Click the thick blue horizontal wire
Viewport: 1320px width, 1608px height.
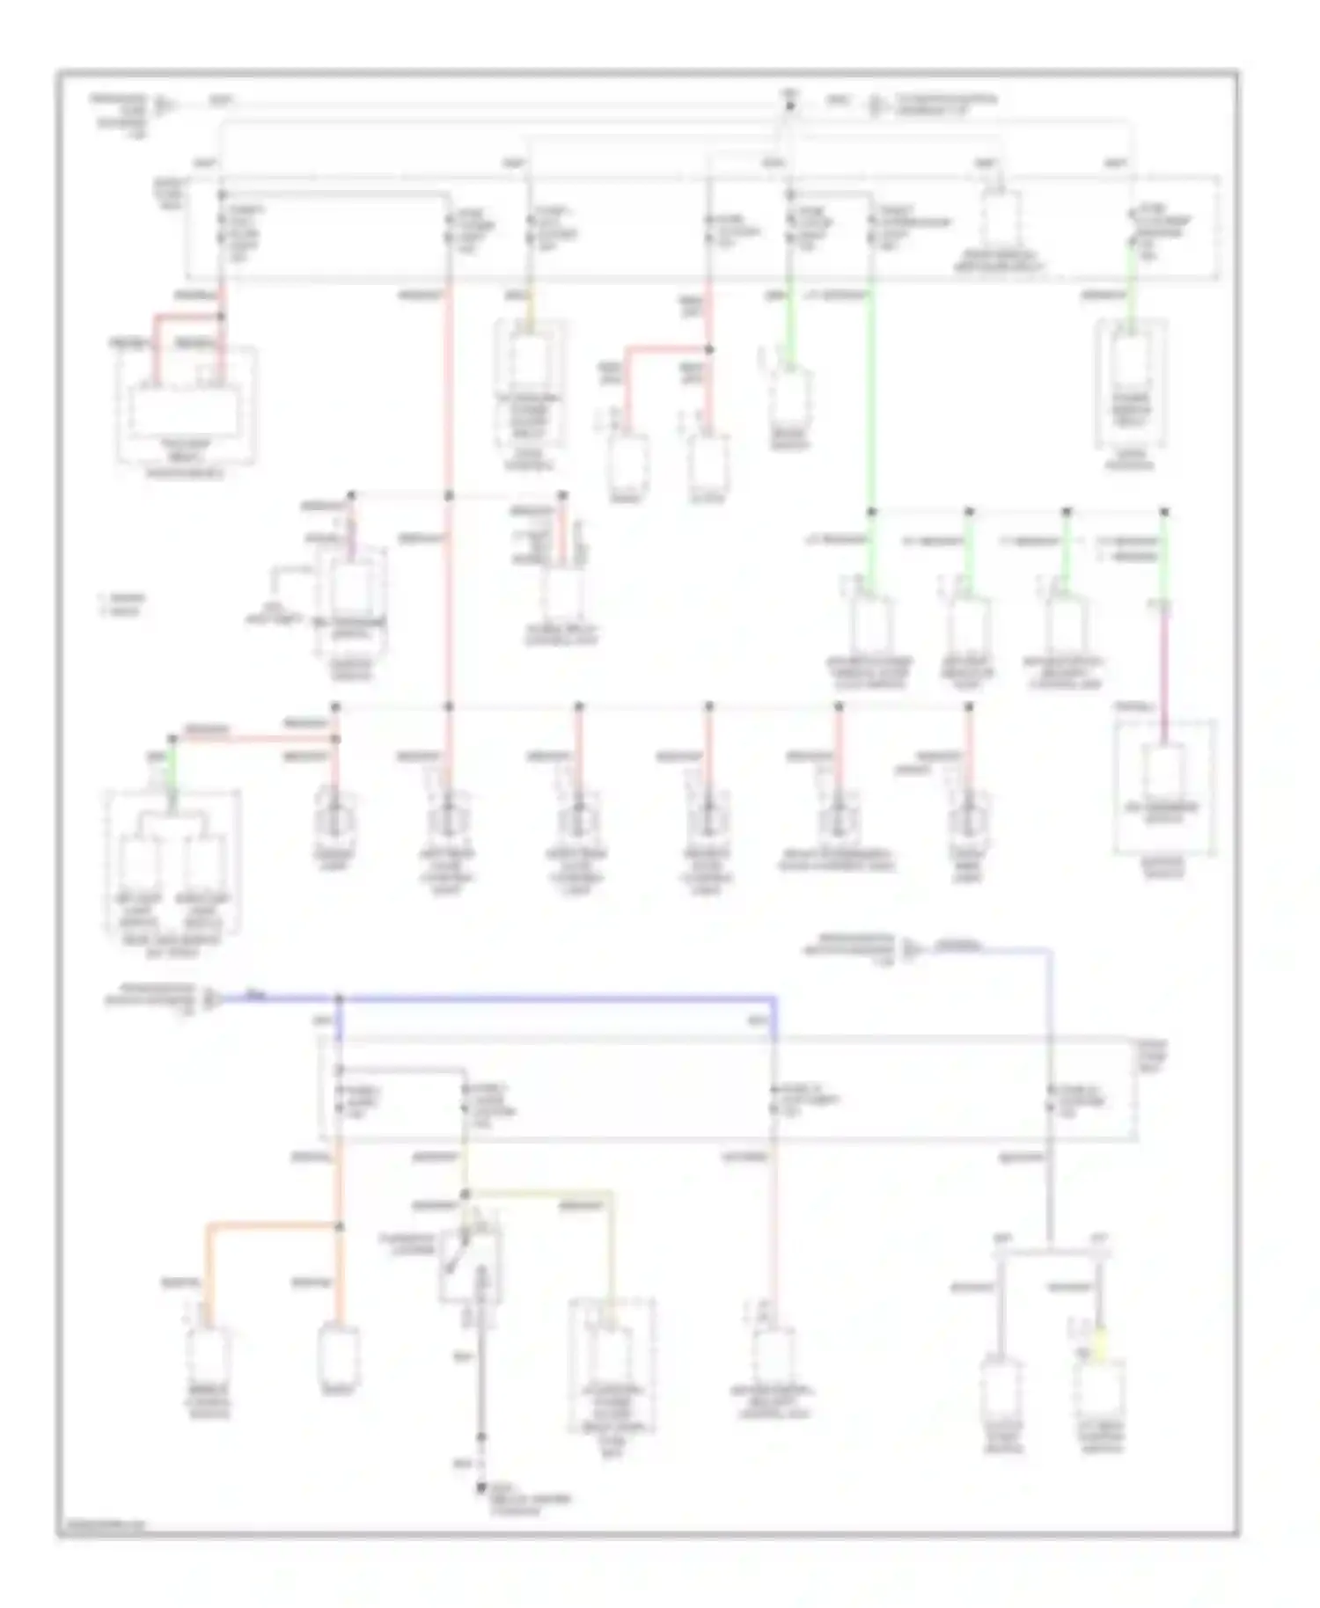point(554,998)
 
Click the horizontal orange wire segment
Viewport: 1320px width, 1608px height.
point(273,1224)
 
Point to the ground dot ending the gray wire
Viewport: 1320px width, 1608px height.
point(481,1487)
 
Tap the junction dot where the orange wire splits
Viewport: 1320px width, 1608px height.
point(340,1225)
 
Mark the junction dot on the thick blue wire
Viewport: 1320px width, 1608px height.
point(340,998)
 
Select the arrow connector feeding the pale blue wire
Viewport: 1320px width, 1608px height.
point(913,950)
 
